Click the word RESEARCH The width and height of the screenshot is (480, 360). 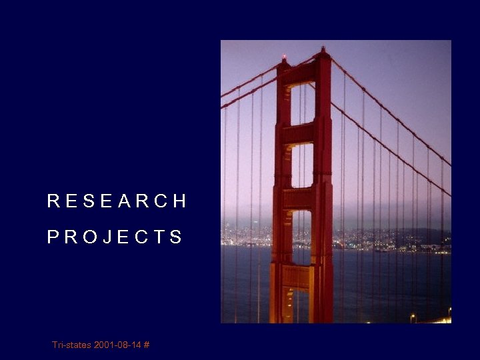(x=117, y=201)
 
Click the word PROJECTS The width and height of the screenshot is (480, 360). (x=115, y=237)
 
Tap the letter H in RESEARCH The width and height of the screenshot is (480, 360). (x=179, y=201)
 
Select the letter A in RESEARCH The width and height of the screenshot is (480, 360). (x=125, y=201)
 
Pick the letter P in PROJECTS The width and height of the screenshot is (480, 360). (x=53, y=237)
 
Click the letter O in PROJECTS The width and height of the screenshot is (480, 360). (x=89, y=237)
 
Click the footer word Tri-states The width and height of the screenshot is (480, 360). (x=71, y=345)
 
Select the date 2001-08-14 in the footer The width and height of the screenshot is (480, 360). (x=117, y=345)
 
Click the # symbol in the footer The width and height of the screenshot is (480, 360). (x=146, y=345)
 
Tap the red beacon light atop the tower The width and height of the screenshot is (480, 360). (x=285, y=57)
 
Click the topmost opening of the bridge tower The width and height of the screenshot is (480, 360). (x=302, y=104)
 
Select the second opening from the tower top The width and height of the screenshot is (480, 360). (x=302, y=165)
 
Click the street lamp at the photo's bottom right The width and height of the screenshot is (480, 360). (x=412, y=317)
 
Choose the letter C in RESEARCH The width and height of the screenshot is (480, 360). (x=160, y=201)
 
